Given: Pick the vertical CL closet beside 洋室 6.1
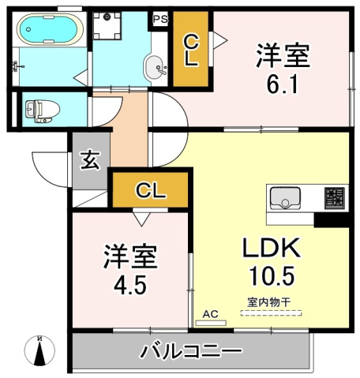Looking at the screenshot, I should [x=191, y=50].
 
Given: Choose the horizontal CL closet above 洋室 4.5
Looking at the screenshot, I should [x=151, y=189].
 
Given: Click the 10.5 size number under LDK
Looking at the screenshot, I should [x=273, y=278].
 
